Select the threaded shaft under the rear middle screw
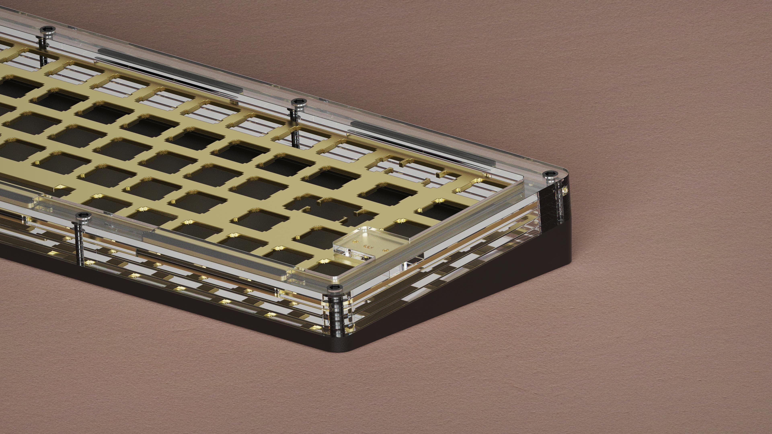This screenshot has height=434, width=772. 296,132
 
